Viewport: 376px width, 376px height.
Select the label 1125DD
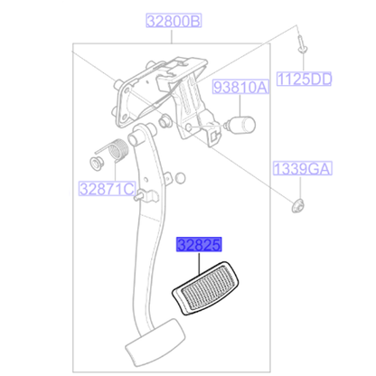[303, 79]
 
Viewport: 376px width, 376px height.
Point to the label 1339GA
[303, 168]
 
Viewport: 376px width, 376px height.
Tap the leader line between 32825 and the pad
[197, 257]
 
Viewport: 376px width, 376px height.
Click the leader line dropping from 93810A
[241, 103]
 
